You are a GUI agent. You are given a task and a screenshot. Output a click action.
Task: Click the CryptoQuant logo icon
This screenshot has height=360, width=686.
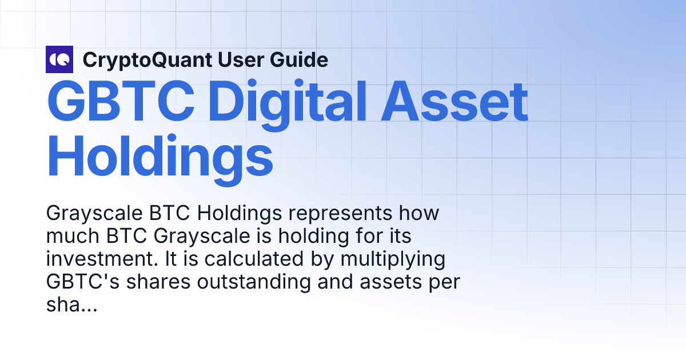click(x=59, y=59)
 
